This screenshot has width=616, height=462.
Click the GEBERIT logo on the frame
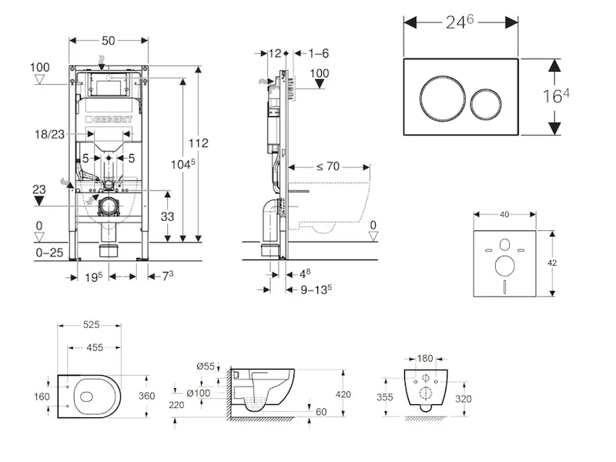click(x=113, y=119)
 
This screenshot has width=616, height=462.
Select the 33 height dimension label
click(x=168, y=217)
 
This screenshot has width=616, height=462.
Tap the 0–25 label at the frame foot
click(x=49, y=251)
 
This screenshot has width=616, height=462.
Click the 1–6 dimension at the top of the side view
click(x=318, y=53)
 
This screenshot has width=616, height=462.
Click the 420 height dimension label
click(x=343, y=394)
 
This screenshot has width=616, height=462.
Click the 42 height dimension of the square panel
click(x=552, y=262)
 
